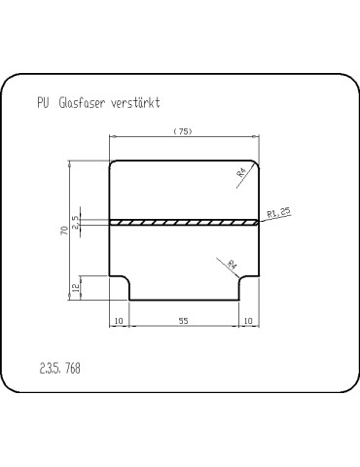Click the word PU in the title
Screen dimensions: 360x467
coord(43,103)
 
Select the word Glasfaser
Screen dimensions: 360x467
coord(82,103)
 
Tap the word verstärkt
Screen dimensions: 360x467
coord(135,103)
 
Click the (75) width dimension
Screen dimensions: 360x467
coord(183,131)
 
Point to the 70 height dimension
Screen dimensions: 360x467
coord(65,231)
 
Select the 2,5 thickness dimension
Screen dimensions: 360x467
coord(75,223)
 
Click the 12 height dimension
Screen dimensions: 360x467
coord(75,288)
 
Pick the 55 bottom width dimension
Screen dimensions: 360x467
coord(183,321)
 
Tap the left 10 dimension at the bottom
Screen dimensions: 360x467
coord(119,321)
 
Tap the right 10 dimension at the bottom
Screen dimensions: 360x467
coord(248,321)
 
